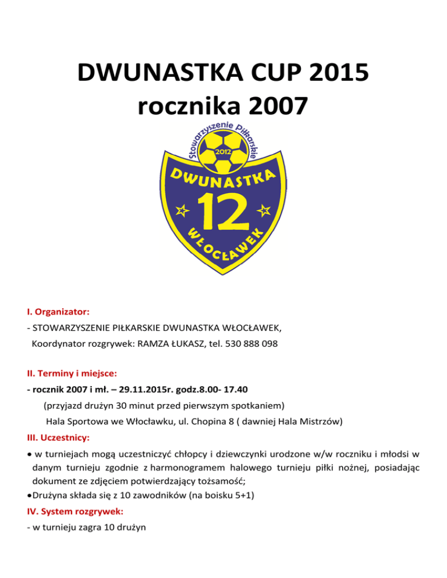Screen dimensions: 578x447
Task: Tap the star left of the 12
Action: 182,209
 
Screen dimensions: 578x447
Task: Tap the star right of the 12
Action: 265,209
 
